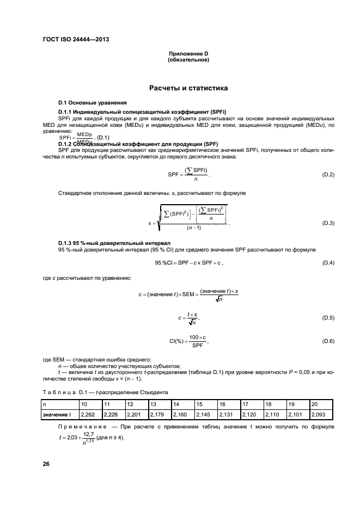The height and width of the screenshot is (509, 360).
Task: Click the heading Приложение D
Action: point(188,53)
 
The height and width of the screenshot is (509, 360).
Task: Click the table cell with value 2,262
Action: point(88,415)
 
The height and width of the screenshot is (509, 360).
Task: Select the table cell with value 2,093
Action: point(318,415)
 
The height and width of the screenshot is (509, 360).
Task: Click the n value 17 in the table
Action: point(246,404)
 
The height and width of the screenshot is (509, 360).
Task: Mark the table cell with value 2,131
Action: point(226,415)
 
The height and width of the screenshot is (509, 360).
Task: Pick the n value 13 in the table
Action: point(154,404)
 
